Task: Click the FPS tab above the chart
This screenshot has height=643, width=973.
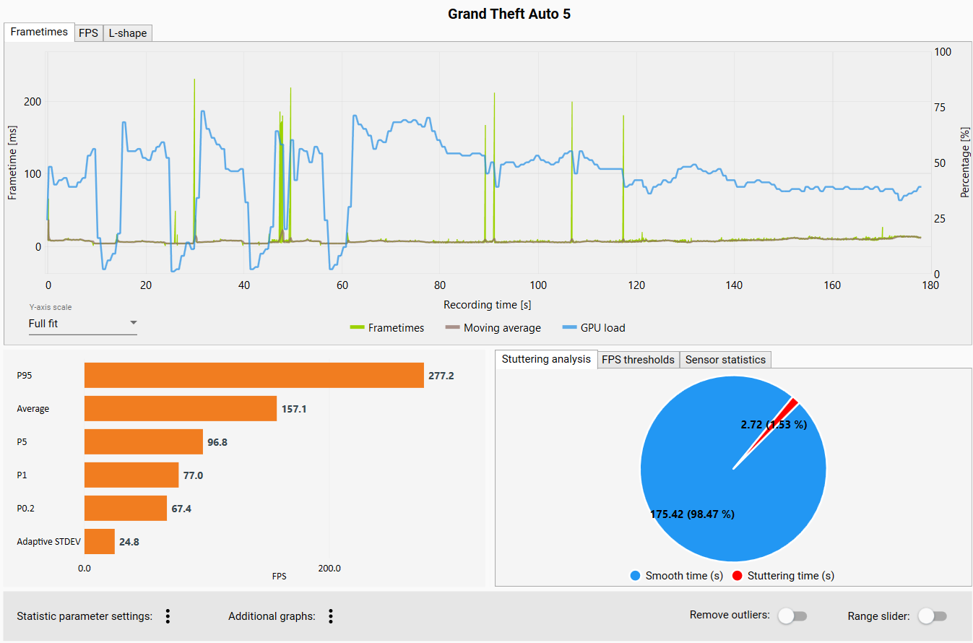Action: click(x=89, y=33)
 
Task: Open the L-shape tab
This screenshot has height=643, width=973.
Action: click(x=128, y=33)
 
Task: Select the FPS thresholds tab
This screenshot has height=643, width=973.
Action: click(x=639, y=360)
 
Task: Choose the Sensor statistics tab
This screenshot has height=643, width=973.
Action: click(x=725, y=360)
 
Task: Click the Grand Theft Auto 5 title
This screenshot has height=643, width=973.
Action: click(x=509, y=14)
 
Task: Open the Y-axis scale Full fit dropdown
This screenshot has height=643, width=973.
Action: click(x=82, y=324)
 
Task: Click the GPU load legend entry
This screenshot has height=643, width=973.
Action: click(x=593, y=328)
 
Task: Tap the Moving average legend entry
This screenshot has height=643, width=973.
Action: click(x=493, y=328)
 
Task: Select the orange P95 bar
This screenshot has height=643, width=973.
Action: click(x=254, y=376)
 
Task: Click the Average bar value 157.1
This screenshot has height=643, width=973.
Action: click(x=294, y=409)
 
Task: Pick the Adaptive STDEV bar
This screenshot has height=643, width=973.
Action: click(x=100, y=541)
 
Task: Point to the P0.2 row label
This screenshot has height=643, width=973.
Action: click(x=26, y=509)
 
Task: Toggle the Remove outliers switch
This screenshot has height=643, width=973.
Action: click(x=792, y=616)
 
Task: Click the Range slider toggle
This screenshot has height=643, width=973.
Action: click(x=932, y=616)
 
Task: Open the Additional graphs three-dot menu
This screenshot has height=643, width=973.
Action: click(x=331, y=616)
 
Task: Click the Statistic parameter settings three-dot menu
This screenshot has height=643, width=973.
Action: click(x=168, y=616)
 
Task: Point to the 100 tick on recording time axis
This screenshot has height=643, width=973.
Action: click(x=538, y=285)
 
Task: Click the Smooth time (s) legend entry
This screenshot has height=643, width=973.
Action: click(x=676, y=576)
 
